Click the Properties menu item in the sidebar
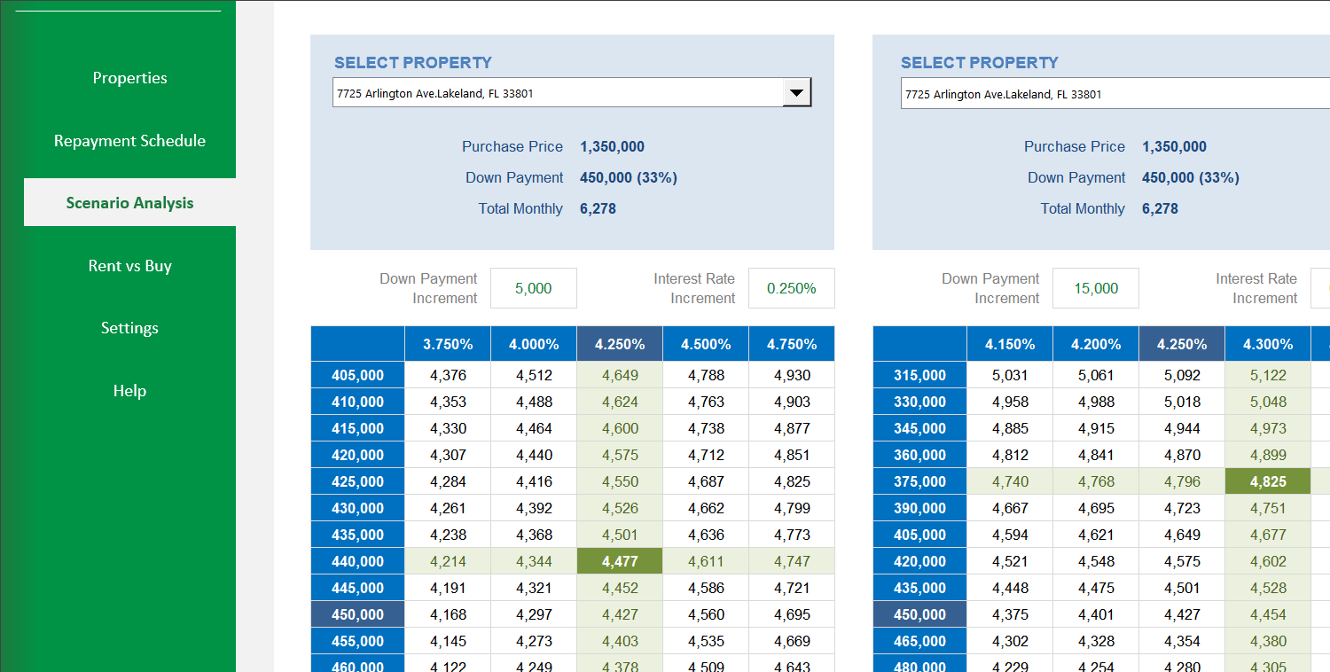tap(129, 78)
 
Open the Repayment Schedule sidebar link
tap(129, 141)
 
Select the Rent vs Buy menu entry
tap(129, 266)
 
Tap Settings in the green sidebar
tap(129, 328)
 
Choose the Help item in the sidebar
tap(129, 391)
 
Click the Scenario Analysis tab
tap(129, 203)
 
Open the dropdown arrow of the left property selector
tap(796, 92)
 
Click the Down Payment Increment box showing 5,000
tap(533, 288)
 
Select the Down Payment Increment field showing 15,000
tap(1095, 288)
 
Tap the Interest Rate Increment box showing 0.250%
tap(791, 288)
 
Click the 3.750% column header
tap(448, 344)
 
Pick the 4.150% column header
tap(1010, 344)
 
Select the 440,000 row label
tap(357, 561)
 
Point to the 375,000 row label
tap(919, 481)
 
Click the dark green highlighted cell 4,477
tap(620, 561)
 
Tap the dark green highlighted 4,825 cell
tap(1268, 481)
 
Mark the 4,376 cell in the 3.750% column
tap(448, 375)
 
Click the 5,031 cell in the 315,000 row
tap(1010, 375)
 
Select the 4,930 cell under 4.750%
tap(792, 375)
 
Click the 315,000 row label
tap(919, 375)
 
